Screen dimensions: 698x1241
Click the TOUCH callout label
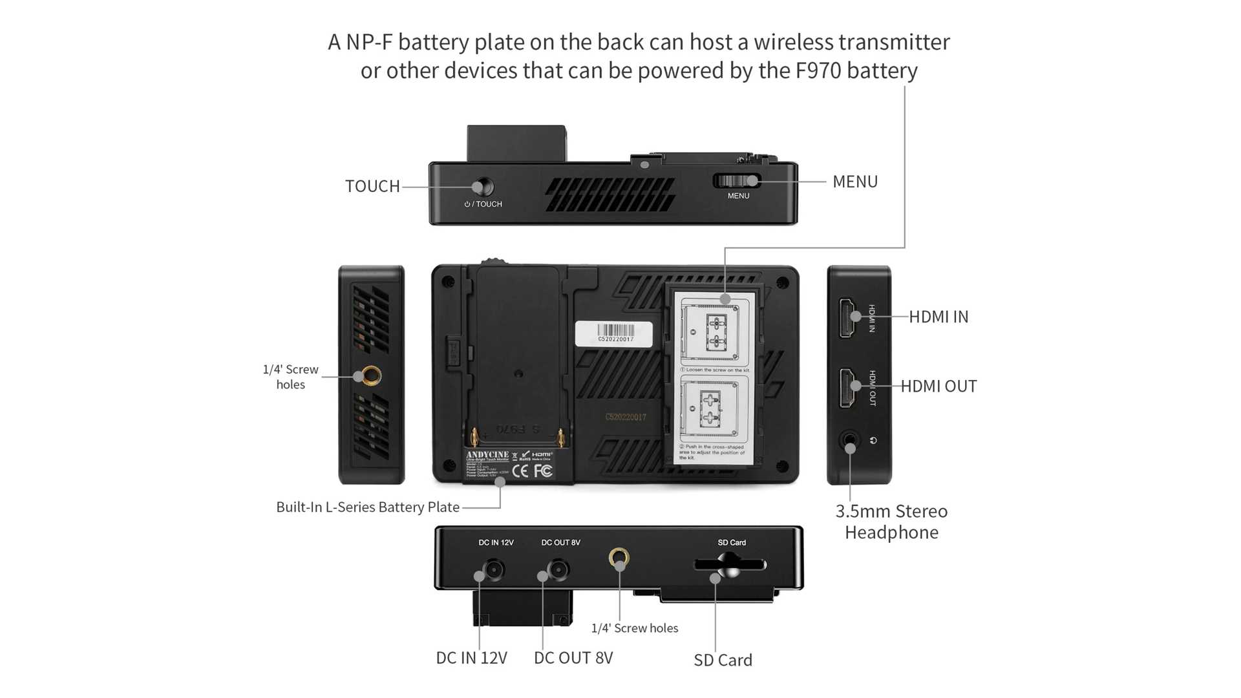click(372, 186)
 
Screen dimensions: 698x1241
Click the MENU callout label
click(854, 182)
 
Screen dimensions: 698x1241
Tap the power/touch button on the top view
click(482, 187)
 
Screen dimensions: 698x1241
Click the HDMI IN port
click(847, 317)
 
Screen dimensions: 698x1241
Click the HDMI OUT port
click(847, 387)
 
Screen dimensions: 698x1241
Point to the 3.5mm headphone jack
click(850, 442)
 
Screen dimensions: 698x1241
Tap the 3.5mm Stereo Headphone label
click(891, 522)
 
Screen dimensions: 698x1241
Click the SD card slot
click(730, 565)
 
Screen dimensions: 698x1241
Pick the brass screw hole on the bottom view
click(619, 556)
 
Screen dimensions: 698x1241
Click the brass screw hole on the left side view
click(371, 375)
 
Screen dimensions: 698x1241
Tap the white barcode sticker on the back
click(613, 333)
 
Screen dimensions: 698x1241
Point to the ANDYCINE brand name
click(487, 455)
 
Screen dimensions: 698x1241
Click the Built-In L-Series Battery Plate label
click(368, 507)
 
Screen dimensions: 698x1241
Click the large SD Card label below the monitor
click(723, 660)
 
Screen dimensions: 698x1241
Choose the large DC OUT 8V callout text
click(573, 658)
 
